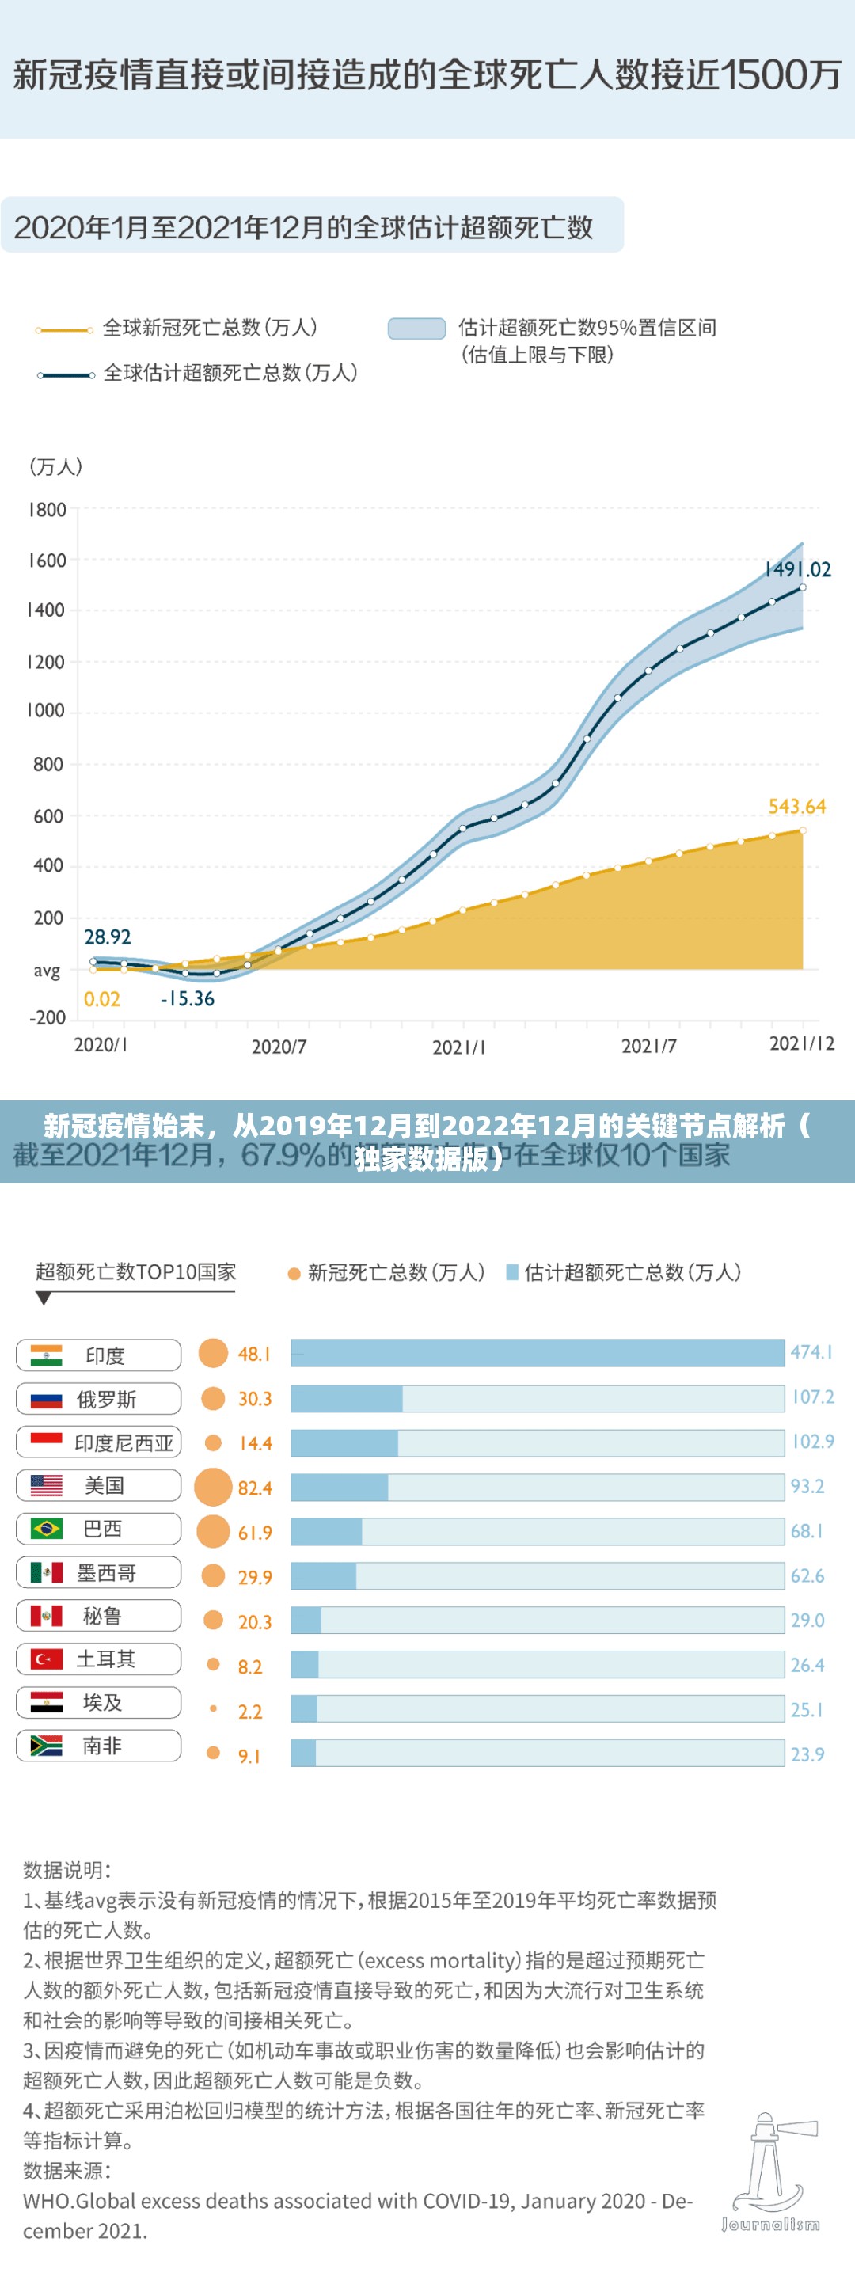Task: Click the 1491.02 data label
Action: tap(797, 569)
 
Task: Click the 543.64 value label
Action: tap(796, 806)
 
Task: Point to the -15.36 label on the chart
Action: tap(187, 998)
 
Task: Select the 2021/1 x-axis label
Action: tap(458, 1047)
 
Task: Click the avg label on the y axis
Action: tap(47, 970)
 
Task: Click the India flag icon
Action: tap(46, 1355)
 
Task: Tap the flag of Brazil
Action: tap(46, 1529)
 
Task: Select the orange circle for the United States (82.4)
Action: tap(213, 1487)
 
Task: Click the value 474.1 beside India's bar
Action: tap(811, 1352)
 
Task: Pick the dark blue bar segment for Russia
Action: tap(347, 1398)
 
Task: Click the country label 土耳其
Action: tap(105, 1659)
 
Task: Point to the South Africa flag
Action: tap(46, 1746)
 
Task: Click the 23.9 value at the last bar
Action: tap(807, 1754)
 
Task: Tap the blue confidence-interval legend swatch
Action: tap(416, 328)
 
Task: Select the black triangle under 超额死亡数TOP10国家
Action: tap(44, 1298)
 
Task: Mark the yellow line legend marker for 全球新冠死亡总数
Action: tap(64, 330)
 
